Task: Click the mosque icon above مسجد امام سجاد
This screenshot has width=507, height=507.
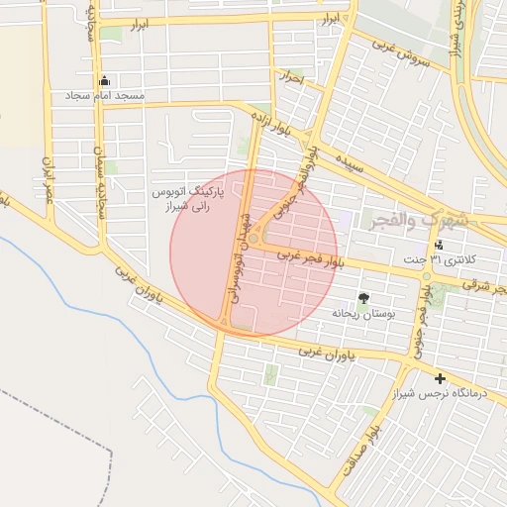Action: [105, 80]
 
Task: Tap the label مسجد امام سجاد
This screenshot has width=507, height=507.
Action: [104, 96]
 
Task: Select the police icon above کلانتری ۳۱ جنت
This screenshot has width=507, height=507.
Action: [440, 245]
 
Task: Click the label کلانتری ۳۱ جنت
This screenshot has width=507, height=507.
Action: [439, 259]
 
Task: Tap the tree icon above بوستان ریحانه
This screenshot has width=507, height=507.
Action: [362, 297]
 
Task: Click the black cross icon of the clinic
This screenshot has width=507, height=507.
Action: [440, 378]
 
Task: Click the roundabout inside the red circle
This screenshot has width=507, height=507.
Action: [255, 239]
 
